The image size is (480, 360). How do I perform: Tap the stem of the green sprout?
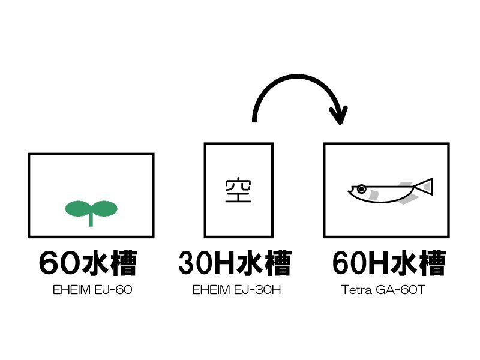(x=91, y=220)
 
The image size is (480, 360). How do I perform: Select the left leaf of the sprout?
(x=77, y=208)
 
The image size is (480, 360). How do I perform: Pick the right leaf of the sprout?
(x=104, y=208)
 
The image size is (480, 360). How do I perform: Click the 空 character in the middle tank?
(x=238, y=190)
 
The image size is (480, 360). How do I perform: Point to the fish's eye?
(x=362, y=189)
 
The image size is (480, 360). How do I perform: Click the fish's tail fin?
(x=424, y=187)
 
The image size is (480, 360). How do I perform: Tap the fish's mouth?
(x=350, y=191)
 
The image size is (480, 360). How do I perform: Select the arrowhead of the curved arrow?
(x=338, y=115)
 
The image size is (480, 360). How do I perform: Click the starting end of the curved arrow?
(x=254, y=121)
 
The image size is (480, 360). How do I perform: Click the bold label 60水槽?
(x=88, y=263)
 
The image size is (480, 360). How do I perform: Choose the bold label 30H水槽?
(x=235, y=263)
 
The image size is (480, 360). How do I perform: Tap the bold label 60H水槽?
(x=389, y=263)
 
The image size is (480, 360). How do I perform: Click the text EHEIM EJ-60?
(x=92, y=290)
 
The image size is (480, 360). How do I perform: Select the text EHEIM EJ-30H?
(x=236, y=290)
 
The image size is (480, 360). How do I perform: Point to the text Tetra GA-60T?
(x=383, y=290)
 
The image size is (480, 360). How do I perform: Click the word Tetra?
(x=356, y=290)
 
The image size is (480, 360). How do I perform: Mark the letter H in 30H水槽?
(x=224, y=263)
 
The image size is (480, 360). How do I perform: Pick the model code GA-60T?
(x=400, y=290)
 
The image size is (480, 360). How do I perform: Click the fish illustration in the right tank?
(x=391, y=190)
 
